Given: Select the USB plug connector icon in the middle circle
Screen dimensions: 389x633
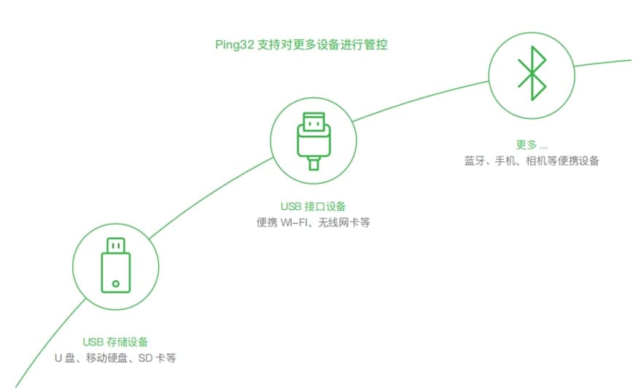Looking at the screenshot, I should [x=314, y=135].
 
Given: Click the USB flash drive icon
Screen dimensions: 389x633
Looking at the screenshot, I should [x=116, y=264].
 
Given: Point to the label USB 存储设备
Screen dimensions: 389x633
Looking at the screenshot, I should [x=115, y=342].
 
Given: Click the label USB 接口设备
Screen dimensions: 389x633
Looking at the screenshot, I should [x=314, y=207].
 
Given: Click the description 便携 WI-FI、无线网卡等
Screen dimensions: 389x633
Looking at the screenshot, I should [x=314, y=223].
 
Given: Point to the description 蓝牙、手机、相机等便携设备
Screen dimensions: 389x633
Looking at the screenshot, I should [x=532, y=161].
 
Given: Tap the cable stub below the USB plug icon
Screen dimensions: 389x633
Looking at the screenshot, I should [x=314, y=163].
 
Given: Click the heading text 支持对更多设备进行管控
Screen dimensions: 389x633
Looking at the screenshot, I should [x=322, y=45].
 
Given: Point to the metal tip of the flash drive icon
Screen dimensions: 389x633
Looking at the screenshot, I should [x=116, y=244].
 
